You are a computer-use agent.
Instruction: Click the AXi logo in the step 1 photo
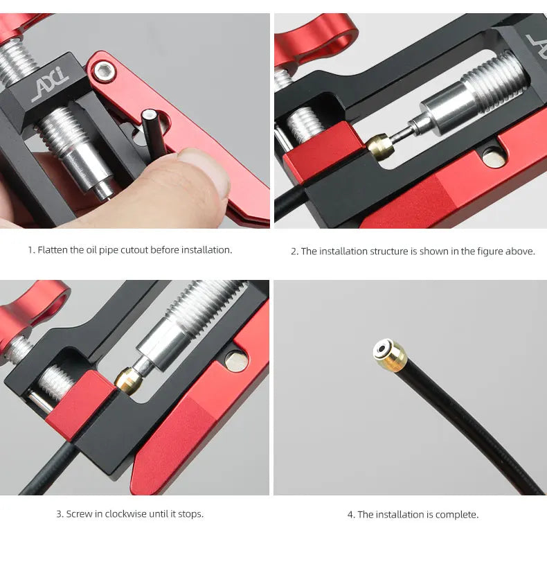tap(50, 85)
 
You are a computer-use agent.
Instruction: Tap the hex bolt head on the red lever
tap(105, 72)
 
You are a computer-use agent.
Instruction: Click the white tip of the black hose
tap(148, 116)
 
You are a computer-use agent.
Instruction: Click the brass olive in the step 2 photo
tap(380, 146)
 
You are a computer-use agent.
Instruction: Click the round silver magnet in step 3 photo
tap(235, 360)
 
